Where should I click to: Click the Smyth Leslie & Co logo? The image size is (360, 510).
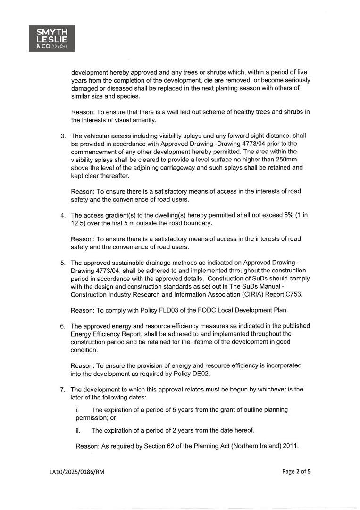point(52,38)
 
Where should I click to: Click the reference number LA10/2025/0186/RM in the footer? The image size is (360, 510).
point(77,472)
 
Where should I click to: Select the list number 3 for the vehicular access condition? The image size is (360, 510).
point(63,136)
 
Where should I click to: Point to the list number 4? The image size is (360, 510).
point(63,215)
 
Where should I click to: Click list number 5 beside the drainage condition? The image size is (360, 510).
point(63,263)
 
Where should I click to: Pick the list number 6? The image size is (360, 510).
point(63,326)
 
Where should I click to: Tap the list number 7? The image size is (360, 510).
point(63,390)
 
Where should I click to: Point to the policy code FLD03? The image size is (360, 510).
point(172,310)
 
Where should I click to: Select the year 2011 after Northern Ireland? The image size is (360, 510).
point(290,446)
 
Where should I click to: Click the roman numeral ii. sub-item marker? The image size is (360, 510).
point(78,430)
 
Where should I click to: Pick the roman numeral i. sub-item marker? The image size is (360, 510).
point(77,410)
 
